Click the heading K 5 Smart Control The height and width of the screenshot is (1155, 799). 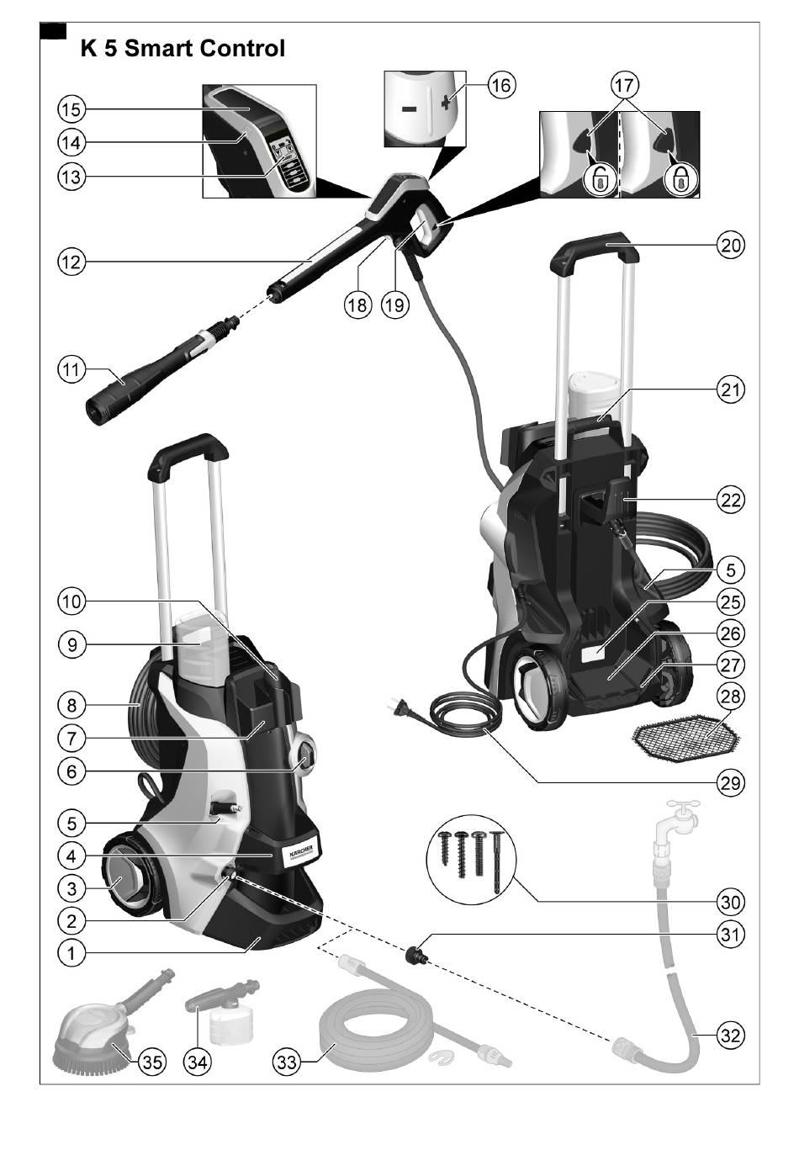pos(183,49)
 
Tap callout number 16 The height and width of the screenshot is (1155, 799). pos(500,86)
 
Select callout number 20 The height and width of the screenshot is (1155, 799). pos(730,246)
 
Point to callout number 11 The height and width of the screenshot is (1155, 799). pos(71,368)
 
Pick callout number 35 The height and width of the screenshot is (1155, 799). pos(151,1062)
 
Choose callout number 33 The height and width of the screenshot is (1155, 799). pos(288,1062)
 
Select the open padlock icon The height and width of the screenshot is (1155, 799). pos(598,179)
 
